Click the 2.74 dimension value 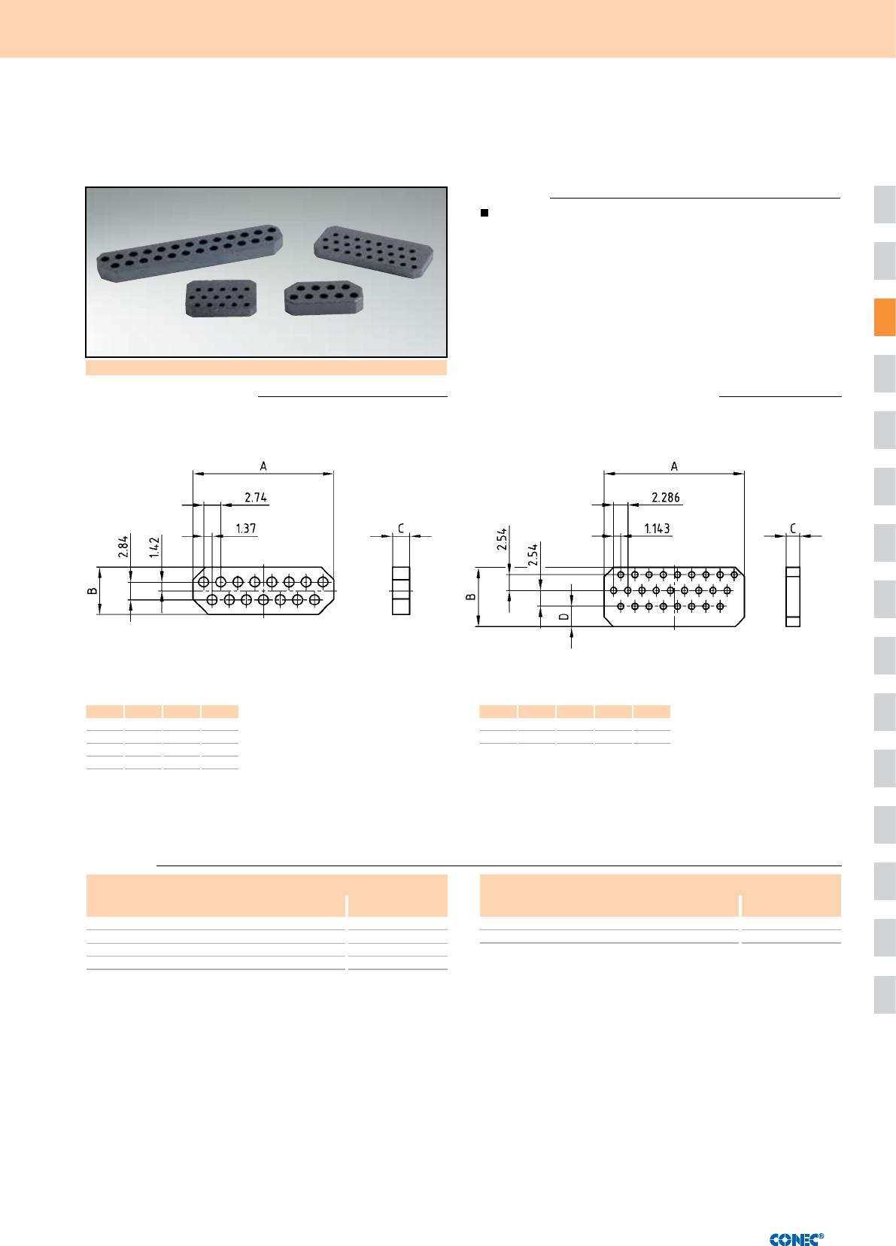click(x=256, y=497)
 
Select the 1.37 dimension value click(x=245, y=529)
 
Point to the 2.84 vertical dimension click(x=123, y=546)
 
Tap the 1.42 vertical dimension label click(x=154, y=547)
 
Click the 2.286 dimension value click(x=666, y=497)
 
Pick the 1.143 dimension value click(x=657, y=529)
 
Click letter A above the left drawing click(x=263, y=466)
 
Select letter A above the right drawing click(x=674, y=466)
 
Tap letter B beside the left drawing click(x=92, y=591)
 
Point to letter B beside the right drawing click(x=470, y=597)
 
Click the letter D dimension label click(x=563, y=617)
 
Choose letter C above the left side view click(x=401, y=529)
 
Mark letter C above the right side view click(x=793, y=529)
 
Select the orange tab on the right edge click(x=884, y=317)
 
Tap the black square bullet click(x=484, y=213)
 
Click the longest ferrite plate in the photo click(x=190, y=253)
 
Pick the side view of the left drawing click(x=401, y=591)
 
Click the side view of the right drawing click(x=792, y=597)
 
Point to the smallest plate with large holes click(x=323, y=298)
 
